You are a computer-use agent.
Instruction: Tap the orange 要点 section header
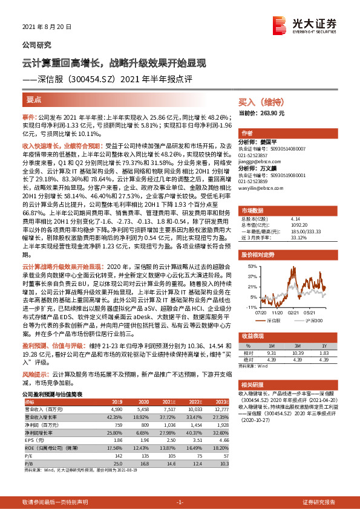(x=34, y=100)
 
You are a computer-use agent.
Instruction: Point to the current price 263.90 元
(x=270, y=113)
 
